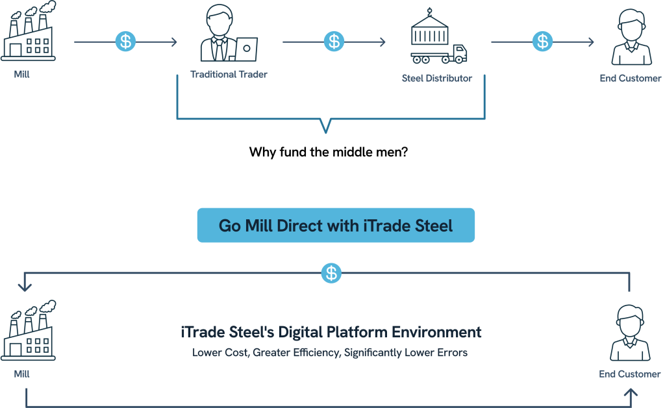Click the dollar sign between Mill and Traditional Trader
(x=125, y=42)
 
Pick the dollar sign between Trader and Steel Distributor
(x=334, y=42)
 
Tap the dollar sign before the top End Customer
(x=542, y=42)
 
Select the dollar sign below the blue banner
(x=332, y=273)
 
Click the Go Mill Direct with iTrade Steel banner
(x=336, y=225)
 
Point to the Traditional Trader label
(x=229, y=74)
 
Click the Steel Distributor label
(x=437, y=78)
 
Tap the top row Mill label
(x=22, y=75)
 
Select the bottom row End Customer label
(x=629, y=374)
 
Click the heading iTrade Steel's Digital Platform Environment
(x=331, y=333)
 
